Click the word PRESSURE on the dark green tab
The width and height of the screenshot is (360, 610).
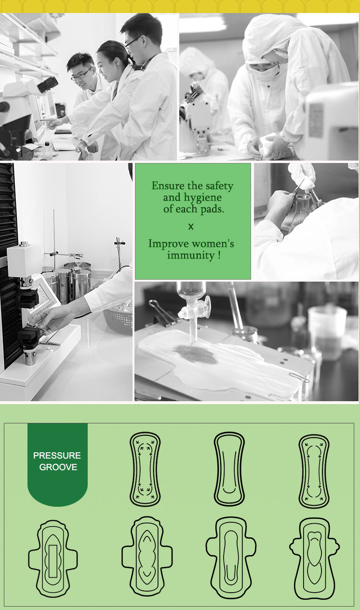57,455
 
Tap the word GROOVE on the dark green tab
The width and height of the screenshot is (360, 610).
58,467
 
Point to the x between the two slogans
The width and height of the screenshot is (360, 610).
191,226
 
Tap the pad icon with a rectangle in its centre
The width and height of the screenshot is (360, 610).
53,558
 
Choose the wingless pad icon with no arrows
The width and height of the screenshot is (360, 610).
229,469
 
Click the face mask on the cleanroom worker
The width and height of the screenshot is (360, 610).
264,72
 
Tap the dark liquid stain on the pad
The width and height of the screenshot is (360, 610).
197,353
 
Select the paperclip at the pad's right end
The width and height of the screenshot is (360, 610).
299,377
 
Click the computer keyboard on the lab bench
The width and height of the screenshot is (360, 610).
65,144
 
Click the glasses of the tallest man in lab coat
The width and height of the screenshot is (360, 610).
133,41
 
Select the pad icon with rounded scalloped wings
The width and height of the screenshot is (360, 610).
314,558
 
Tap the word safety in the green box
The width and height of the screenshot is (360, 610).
219,186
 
